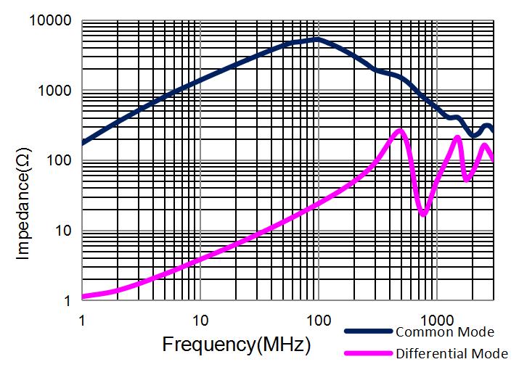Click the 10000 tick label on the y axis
49,21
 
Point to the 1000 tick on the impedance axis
54,91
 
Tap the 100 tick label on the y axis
58,161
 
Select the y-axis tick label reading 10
62,231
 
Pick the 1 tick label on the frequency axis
81,320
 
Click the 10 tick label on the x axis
200,320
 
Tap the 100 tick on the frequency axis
317,320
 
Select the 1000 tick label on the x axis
436,320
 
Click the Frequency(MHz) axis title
236,343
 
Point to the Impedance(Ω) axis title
23,195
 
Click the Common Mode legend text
445,332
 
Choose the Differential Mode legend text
451,354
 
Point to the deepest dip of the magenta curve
424,214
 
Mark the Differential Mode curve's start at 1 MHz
83,296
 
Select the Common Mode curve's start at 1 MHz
83,143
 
